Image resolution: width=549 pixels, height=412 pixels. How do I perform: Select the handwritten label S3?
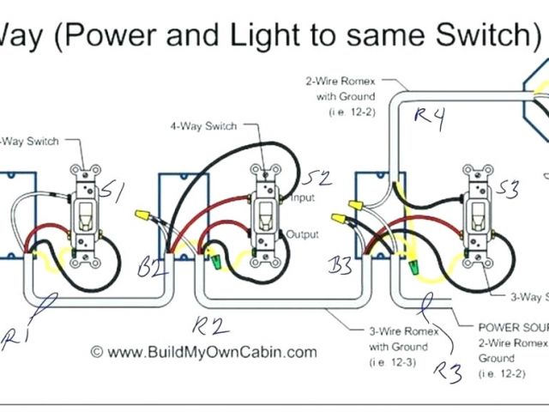coord(508,190)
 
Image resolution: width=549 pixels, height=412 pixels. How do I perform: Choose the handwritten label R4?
coord(428,119)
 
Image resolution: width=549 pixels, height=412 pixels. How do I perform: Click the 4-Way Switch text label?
coord(202,126)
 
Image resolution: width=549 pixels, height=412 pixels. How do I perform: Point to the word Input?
coord(301,198)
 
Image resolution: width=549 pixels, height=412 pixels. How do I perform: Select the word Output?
coord(302,233)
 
